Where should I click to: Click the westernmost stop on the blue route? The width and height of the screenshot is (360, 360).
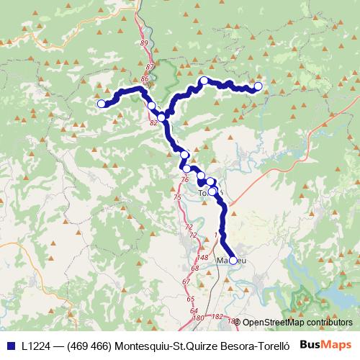(x=102, y=104)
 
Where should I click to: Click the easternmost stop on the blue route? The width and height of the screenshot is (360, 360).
(x=258, y=87)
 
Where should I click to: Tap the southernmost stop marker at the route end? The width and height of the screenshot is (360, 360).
(x=233, y=261)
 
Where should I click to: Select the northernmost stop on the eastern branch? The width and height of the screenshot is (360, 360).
(x=204, y=81)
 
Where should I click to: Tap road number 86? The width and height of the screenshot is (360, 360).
(x=145, y=78)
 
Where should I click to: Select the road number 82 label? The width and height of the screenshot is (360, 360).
(x=153, y=123)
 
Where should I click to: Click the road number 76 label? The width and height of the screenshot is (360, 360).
(x=185, y=179)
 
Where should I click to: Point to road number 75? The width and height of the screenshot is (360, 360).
(x=177, y=197)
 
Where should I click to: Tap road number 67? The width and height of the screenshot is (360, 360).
(x=186, y=281)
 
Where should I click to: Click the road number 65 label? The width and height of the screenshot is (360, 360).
(x=190, y=298)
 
